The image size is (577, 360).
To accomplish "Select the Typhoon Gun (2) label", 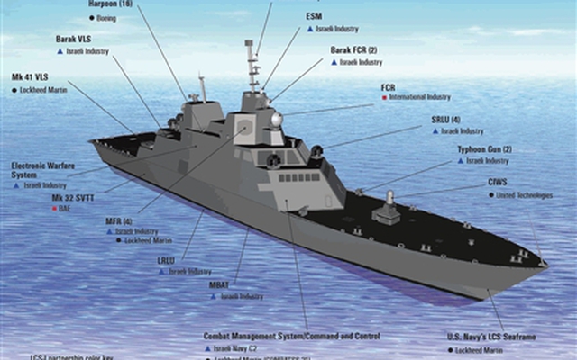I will pos(484,148).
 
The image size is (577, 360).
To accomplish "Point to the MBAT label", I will pos(220,284).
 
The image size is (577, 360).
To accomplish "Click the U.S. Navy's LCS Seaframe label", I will pos(491,336).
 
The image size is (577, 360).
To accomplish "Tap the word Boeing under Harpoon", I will pos(107,16).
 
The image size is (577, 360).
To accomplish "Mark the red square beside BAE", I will pos(54,208).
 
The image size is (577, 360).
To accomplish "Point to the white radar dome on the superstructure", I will pos(276,119).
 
